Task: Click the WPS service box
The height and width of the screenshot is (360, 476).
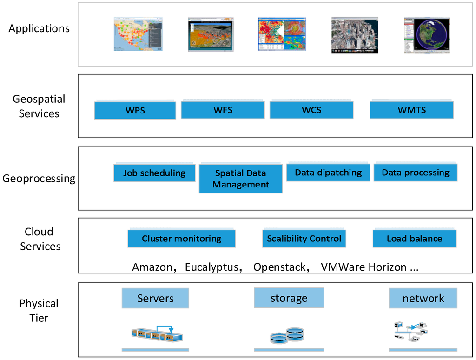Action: [135, 110]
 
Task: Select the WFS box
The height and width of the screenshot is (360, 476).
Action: [223, 110]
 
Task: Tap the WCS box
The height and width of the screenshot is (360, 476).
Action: [311, 110]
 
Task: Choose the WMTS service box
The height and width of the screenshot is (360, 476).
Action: [411, 110]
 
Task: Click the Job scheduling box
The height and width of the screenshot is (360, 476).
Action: [154, 173]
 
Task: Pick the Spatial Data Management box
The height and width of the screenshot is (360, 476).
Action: [241, 179]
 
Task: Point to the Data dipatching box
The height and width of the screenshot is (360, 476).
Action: [328, 173]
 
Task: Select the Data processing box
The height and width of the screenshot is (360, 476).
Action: [416, 173]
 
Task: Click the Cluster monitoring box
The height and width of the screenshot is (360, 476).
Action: [181, 239]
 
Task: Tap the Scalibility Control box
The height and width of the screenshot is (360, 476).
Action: [304, 239]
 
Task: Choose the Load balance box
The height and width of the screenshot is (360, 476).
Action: [414, 239]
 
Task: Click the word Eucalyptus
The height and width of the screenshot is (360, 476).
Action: [212, 267]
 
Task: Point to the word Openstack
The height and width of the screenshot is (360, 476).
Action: [279, 267]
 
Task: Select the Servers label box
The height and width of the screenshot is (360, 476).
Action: [155, 298]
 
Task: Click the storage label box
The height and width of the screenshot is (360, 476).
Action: [289, 298]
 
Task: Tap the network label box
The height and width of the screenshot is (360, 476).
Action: [423, 298]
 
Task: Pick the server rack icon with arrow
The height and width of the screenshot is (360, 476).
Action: [158, 333]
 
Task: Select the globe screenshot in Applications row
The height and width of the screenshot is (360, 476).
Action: [427, 35]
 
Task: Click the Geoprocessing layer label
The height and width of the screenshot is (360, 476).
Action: [39, 179]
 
